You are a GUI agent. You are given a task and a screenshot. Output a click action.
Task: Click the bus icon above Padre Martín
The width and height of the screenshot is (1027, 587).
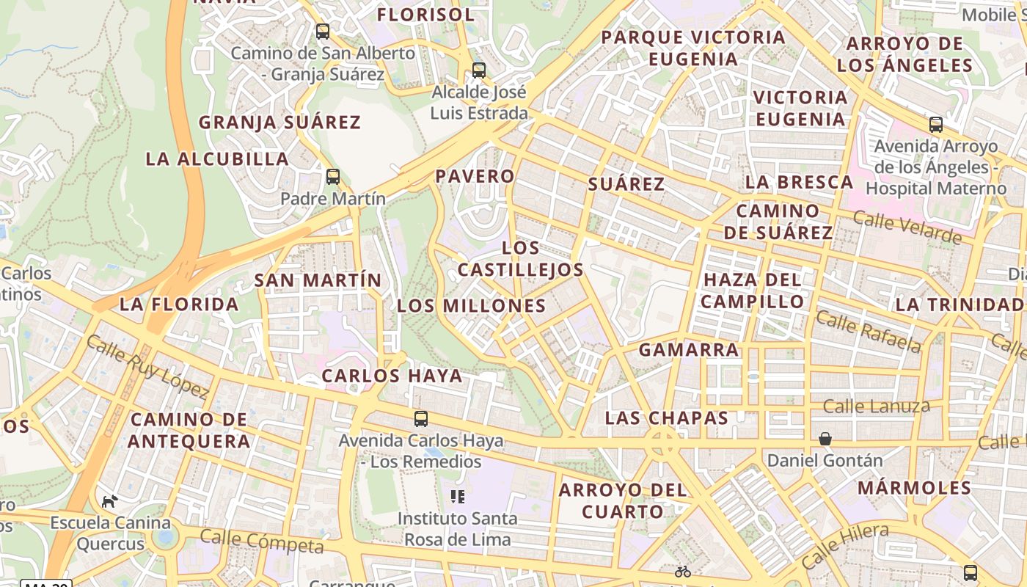[x=333, y=177]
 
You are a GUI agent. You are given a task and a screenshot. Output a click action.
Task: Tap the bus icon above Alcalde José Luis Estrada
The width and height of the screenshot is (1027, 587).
[x=479, y=70]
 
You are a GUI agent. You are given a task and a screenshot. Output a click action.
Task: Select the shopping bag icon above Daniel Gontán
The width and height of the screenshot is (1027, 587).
[x=825, y=439]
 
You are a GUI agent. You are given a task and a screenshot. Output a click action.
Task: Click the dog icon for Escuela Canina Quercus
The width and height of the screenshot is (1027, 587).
[x=110, y=502]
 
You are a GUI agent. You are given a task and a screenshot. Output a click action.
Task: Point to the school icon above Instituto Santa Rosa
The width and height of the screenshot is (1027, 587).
[x=458, y=497]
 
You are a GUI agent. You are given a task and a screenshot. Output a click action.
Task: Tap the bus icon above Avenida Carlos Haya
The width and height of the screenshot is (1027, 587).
[x=421, y=419]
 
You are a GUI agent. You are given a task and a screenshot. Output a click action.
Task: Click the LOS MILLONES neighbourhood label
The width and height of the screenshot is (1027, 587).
[x=471, y=306]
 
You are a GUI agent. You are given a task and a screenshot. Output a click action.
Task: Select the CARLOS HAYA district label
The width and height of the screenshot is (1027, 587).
[x=392, y=376]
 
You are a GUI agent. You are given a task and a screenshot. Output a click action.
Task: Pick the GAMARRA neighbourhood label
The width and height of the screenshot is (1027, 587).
[x=689, y=350]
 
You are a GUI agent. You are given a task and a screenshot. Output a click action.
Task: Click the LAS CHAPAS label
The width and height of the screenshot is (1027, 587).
[x=666, y=418]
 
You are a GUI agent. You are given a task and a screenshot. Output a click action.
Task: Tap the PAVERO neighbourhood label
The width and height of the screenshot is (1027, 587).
[x=475, y=176]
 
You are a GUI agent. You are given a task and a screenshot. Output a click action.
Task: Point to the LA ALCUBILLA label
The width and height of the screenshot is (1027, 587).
[x=217, y=159]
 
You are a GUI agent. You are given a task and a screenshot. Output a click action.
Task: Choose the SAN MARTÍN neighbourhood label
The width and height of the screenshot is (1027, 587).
[x=318, y=280]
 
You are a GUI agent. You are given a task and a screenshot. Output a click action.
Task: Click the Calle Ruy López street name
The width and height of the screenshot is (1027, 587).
[x=147, y=367]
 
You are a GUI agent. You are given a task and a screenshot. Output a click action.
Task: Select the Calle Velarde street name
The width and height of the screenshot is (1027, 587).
[x=907, y=227]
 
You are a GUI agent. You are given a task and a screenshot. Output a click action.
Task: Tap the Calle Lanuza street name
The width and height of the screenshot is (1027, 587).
[x=876, y=406]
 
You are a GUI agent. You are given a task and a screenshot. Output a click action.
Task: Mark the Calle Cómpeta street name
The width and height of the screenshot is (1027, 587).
[x=261, y=542]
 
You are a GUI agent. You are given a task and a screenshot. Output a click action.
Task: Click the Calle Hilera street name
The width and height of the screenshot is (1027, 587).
[x=844, y=545]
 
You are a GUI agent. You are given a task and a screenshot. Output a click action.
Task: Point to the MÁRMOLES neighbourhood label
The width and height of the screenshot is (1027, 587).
[x=914, y=488]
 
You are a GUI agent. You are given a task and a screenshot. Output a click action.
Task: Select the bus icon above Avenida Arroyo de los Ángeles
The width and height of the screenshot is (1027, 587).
[x=936, y=125]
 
